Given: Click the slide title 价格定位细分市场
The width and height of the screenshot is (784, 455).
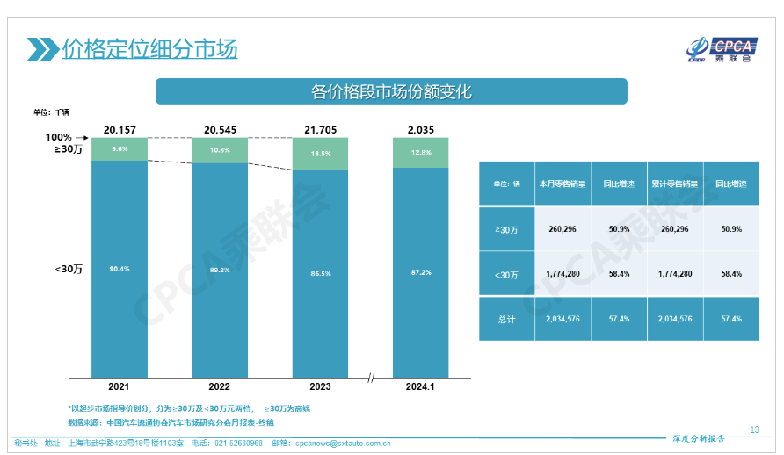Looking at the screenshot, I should coord(149,48).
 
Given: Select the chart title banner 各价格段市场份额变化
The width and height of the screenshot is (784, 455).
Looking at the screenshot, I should coord(391,91).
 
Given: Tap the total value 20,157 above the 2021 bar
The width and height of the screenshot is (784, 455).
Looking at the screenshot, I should coord(120,129).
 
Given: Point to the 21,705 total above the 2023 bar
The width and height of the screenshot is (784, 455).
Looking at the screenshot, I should coord(320,129).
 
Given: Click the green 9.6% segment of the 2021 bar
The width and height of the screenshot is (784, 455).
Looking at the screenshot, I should coord(120,149).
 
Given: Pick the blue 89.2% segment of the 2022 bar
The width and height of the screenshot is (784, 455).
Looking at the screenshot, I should coord(220,268).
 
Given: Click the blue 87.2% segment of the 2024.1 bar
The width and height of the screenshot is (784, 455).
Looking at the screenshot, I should coord(420,271).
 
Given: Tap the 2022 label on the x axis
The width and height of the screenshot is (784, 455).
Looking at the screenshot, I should coord(220,386).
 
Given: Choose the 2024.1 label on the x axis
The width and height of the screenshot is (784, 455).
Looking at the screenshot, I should coord(420,386).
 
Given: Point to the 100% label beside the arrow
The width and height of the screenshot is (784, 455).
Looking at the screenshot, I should coord(59,137).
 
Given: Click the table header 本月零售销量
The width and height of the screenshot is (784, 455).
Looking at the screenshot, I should coord(562,184).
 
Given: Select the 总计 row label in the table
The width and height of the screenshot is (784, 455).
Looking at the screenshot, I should coord(506,320).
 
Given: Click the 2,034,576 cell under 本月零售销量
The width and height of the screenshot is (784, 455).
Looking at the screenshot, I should coord(562,320).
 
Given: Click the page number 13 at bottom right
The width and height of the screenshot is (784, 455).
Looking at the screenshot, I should coord(754,430).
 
